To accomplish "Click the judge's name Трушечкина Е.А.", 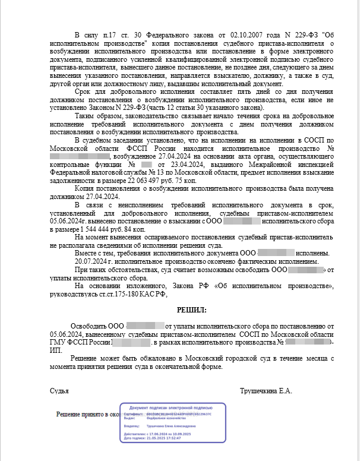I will tap(266, 391).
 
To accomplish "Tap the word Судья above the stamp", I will tap(59, 391).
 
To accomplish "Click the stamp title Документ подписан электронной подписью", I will tap(173, 409).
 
